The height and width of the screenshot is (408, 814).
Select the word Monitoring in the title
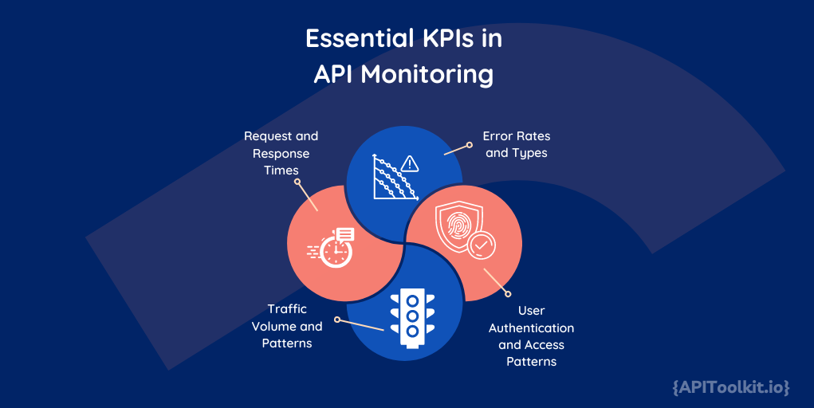point(427,74)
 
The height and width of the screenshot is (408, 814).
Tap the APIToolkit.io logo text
point(730,387)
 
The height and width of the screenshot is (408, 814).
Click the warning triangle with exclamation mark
point(410,164)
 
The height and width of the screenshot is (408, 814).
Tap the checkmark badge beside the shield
point(480,245)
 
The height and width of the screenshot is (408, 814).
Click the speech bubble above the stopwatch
point(345,234)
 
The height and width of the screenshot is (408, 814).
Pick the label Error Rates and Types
point(516,144)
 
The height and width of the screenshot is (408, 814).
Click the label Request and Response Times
point(281,153)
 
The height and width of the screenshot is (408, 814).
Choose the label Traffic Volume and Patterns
point(287,326)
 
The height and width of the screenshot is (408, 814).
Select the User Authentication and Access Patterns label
point(531,335)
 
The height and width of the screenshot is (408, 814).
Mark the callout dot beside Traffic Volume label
point(336,320)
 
